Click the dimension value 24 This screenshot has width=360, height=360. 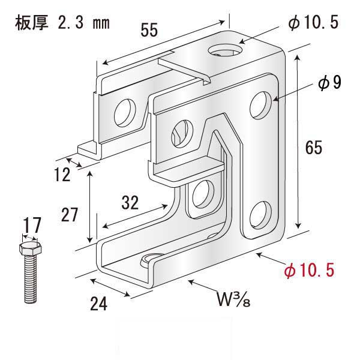[100, 304]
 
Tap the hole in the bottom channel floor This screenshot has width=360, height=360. [150, 260]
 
